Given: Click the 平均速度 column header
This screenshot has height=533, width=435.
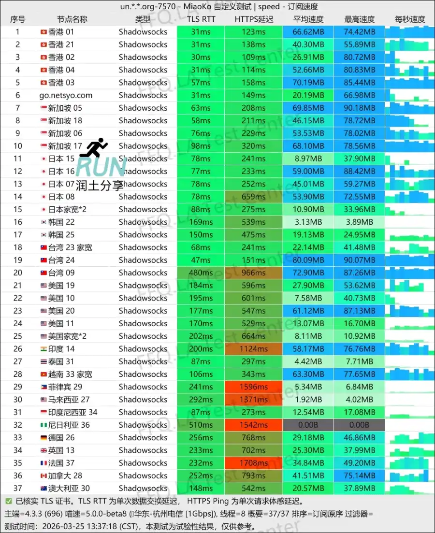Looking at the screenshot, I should [308, 19].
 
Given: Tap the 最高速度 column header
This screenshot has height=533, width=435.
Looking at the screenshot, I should [360, 19].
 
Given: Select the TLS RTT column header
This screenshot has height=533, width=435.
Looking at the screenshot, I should [201, 19].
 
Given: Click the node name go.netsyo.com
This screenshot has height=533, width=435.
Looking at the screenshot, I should [66, 95].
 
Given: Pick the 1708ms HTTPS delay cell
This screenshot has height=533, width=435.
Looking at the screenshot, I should [253, 463].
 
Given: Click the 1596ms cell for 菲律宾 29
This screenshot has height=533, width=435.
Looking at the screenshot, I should [253, 387].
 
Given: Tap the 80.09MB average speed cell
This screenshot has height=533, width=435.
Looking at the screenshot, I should [308, 260].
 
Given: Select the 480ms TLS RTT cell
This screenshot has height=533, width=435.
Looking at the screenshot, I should [201, 273].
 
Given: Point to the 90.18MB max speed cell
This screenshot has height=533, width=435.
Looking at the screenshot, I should [360, 108].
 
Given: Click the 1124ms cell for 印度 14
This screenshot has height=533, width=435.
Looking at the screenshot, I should [253, 349].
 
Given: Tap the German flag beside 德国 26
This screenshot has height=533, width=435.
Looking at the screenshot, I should [43, 437].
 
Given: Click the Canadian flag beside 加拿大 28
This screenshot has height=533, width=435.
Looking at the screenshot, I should [43, 475].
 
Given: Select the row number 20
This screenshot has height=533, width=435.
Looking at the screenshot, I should [18, 273].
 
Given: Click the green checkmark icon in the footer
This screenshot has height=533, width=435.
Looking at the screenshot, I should [9, 501].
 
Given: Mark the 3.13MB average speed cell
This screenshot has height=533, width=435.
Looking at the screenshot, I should [308, 222].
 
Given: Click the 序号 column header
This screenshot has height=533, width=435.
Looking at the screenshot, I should [18, 19].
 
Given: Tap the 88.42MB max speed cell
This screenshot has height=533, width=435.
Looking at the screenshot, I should [360, 171].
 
